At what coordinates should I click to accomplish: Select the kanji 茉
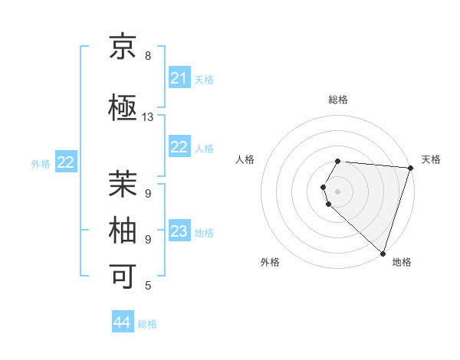[123, 185]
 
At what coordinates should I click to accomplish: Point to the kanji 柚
[123, 230]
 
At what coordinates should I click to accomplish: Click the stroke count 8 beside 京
[147, 56]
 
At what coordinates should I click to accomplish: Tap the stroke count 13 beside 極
[148, 117]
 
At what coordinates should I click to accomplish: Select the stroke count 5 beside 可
[147, 286]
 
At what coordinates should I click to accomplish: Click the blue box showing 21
[179, 78]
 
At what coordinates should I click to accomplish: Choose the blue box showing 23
[179, 231]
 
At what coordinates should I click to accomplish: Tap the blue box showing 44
[123, 322]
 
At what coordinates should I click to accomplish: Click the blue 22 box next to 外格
[66, 162]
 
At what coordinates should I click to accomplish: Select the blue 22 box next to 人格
[179, 147]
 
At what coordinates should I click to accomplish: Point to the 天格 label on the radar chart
[431, 159]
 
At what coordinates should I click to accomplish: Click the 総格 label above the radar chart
[338, 100]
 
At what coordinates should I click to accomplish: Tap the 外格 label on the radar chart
[270, 262]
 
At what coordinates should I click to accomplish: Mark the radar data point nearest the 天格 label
[410, 167]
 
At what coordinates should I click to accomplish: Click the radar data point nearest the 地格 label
[383, 254]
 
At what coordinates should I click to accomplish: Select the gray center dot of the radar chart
[338, 191]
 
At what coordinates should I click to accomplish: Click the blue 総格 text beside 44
[147, 323]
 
